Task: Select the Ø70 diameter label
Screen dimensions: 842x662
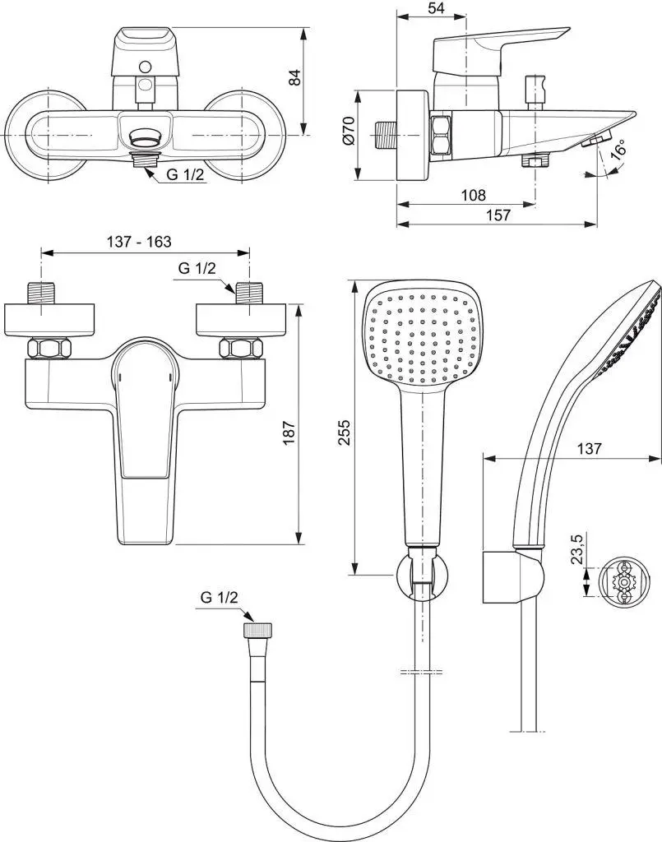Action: tap(348, 132)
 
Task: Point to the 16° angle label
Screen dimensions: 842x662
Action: tap(617, 148)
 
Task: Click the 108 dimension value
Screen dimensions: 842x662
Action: tap(472, 196)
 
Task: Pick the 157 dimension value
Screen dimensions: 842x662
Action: tap(498, 215)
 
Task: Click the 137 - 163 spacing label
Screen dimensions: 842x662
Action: tap(139, 242)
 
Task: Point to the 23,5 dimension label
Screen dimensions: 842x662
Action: tap(576, 549)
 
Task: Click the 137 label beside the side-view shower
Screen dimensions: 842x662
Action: tap(589, 449)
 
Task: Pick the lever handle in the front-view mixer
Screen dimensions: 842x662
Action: tap(146, 411)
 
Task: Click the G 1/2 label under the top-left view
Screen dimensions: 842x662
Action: tap(186, 173)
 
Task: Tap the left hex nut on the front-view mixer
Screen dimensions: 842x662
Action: tap(48, 348)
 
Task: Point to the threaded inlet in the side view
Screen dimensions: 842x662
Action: tap(385, 134)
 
